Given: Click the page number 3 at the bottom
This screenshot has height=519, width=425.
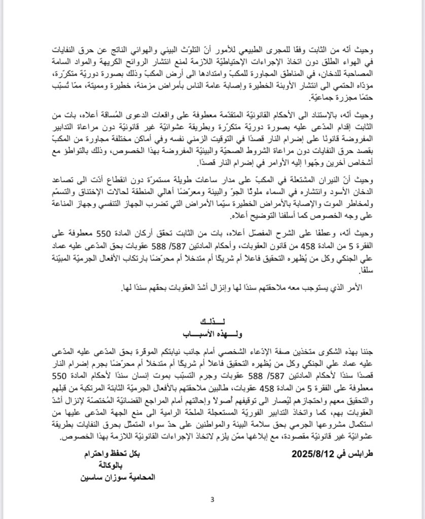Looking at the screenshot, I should click(213, 500).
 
